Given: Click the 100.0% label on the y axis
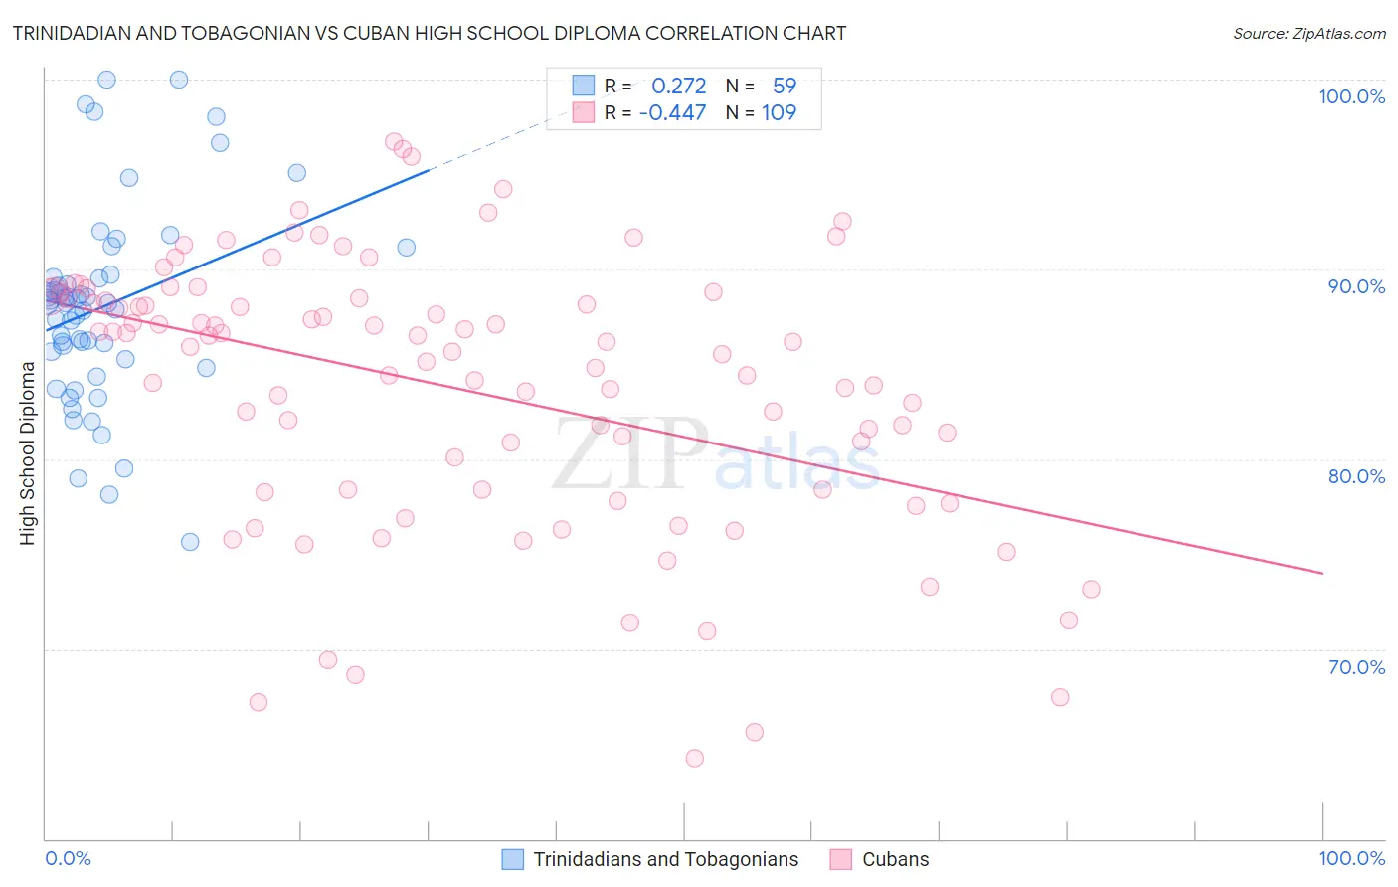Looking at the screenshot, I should [1351, 96].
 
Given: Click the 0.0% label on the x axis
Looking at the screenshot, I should [68, 858].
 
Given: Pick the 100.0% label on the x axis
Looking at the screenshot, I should [1351, 858].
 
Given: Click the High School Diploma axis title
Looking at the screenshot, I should [28, 453].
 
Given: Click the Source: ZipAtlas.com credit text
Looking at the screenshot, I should [1309, 33].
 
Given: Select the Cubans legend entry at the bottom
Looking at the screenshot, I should [895, 859].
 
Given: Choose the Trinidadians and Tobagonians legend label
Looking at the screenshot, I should [665, 859].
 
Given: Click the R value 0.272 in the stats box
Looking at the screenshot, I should [678, 86].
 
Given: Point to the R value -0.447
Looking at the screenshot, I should [672, 112].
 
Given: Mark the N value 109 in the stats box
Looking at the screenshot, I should [779, 112].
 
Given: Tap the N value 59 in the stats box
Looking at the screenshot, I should [785, 86].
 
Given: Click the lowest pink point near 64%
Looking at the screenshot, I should [695, 758].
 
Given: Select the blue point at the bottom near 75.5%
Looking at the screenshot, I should [190, 542].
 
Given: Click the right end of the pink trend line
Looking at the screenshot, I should [1322, 573].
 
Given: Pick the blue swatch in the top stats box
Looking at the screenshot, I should [583, 86].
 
